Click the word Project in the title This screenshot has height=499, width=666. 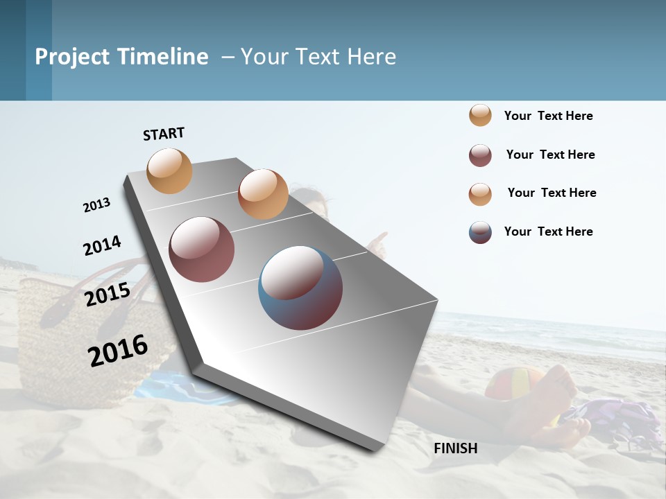click(x=72, y=57)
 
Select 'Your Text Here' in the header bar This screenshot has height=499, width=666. click(x=318, y=57)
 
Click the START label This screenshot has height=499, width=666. click(x=164, y=134)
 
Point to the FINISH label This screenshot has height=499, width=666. click(x=455, y=448)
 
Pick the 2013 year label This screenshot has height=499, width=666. click(x=96, y=205)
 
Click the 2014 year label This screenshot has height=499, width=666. click(x=102, y=245)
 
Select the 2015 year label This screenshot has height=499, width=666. click(x=108, y=295)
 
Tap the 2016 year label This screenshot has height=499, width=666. click(x=118, y=350)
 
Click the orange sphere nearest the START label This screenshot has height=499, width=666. click(x=169, y=170)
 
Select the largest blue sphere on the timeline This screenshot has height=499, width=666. click(x=300, y=288)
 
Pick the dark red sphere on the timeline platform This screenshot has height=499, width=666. click(x=201, y=249)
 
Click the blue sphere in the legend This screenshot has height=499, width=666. click(x=480, y=232)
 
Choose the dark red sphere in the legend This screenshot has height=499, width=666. click(x=480, y=155)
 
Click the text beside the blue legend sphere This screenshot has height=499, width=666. click(x=548, y=231)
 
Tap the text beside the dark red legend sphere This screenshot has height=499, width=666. click(x=550, y=155)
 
